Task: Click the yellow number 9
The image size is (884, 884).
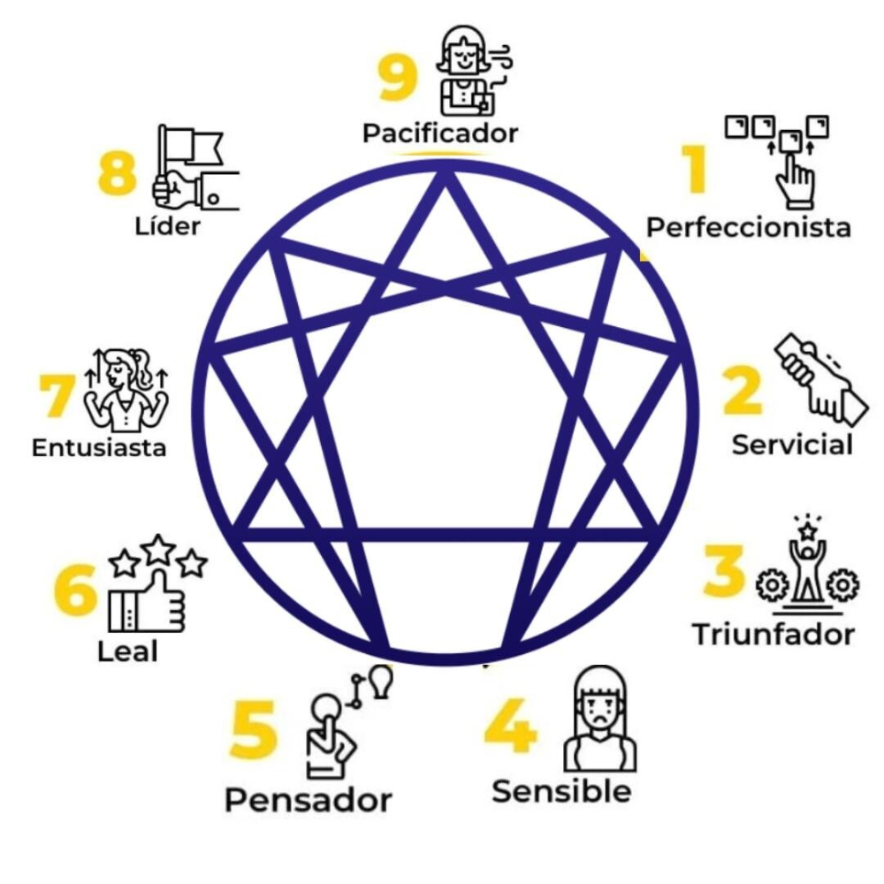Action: point(397,79)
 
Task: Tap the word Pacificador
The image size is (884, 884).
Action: point(439,133)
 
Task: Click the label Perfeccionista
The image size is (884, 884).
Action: point(748,227)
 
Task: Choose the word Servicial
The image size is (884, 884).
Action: point(791,444)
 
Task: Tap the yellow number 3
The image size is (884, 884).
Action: point(724,571)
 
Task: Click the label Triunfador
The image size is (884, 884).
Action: point(773,635)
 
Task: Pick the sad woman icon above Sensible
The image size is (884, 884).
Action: point(600,718)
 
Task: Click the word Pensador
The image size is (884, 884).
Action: point(308,800)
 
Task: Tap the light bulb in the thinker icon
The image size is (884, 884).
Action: point(382,682)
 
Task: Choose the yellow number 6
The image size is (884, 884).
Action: point(75,591)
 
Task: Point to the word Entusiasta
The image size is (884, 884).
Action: point(99,447)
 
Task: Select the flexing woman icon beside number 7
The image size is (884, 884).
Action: point(125,390)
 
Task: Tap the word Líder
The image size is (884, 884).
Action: point(168,225)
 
